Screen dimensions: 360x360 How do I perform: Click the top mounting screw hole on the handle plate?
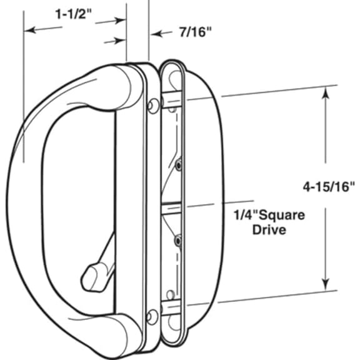tap(153, 106)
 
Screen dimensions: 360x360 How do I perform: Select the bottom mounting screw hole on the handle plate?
tap(152, 316)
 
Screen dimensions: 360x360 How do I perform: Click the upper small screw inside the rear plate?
tap(179, 165)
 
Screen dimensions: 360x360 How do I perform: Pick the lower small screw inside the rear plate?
tap(178, 240)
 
